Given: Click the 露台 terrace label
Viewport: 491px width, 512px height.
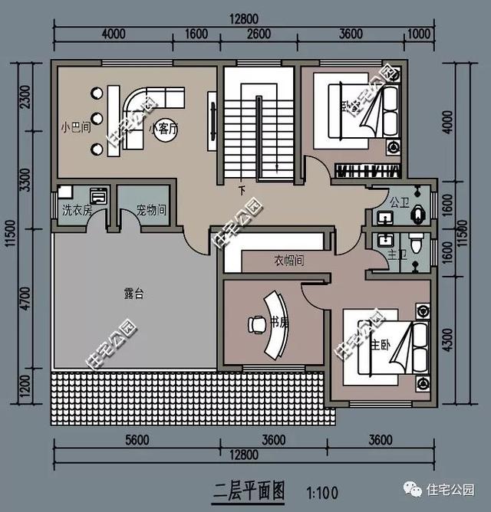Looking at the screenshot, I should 134,293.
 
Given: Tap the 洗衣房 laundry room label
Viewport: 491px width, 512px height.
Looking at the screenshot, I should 77,209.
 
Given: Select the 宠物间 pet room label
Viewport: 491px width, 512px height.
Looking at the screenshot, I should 151,209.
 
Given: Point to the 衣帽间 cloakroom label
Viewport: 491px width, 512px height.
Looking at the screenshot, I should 289,261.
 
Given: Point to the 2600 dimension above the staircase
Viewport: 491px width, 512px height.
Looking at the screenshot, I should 259,34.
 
